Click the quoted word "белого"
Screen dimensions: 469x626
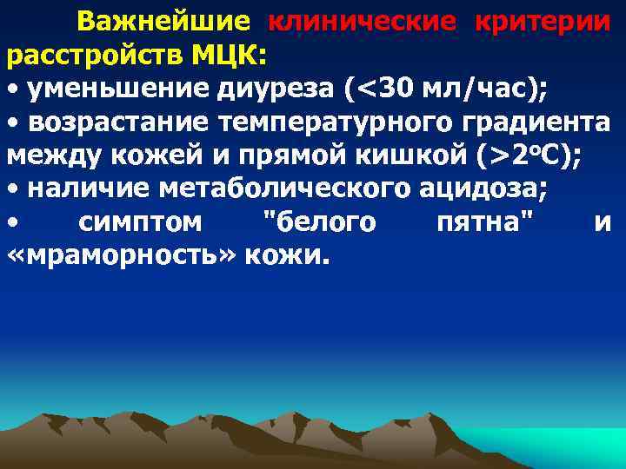(319, 223)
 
